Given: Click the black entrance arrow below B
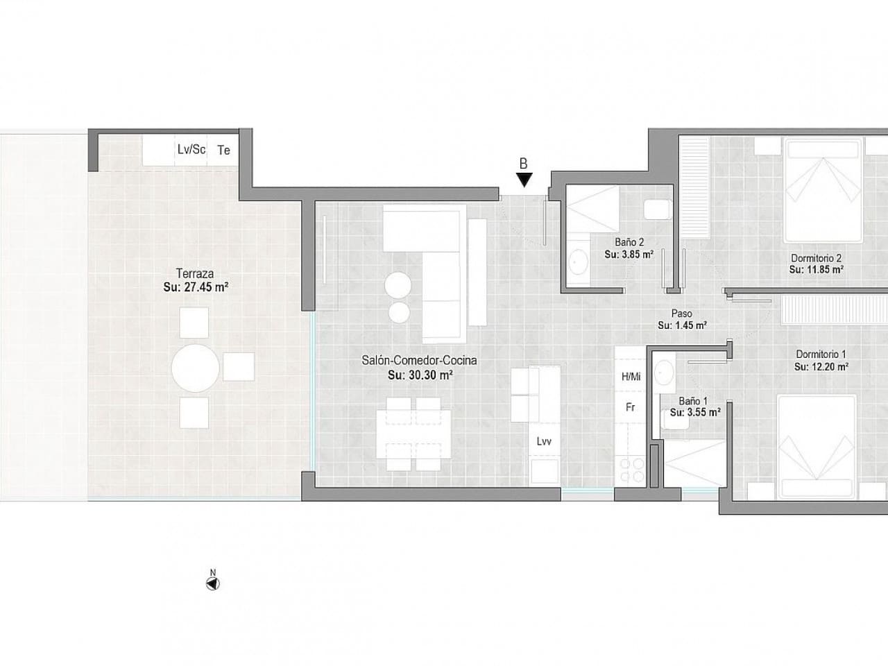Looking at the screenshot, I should (x=524, y=180).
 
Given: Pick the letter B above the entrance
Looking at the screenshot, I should (x=524, y=164).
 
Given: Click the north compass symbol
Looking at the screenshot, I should (x=213, y=583).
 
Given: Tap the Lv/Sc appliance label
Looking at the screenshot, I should (x=191, y=149).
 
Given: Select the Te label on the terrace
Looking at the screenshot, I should (x=224, y=150).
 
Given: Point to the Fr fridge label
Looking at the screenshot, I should (x=631, y=407).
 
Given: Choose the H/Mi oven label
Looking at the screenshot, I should (x=631, y=377).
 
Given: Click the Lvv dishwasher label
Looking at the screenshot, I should (x=544, y=441).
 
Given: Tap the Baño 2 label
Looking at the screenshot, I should (x=629, y=242).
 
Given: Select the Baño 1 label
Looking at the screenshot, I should (x=693, y=400).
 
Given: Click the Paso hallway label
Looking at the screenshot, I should (x=682, y=314).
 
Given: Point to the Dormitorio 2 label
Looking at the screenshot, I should (x=816, y=259).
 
